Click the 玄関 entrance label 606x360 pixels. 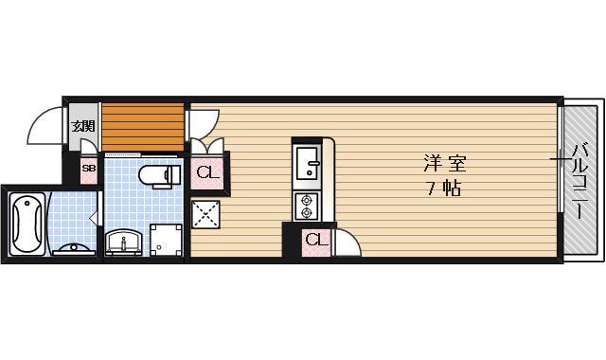coord(83,125)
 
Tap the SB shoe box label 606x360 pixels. coord(88,171)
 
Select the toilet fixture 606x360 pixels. coord(158,174)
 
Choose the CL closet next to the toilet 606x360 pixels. coord(207,173)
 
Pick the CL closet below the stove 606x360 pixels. coord(315,241)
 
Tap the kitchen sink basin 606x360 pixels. coord(309,165)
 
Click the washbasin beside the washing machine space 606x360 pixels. coord(123,243)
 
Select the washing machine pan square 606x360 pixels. coord(167,241)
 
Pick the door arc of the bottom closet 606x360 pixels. coord(347,242)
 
